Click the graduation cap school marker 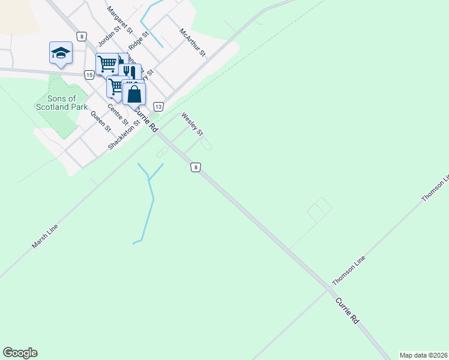[x=61, y=52]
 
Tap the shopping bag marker [x=134, y=94]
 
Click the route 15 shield [x=89, y=74]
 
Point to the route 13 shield [x=158, y=106]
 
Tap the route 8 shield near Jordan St [x=81, y=36]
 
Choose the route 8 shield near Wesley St [x=195, y=167]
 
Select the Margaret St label [x=120, y=19]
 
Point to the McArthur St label [x=193, y=42]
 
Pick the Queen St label [x=101, y=121]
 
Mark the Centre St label [x=118, y=114]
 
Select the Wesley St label [x=193, y=124]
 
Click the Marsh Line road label [x=45, y=237]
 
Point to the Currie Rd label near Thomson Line [x=347, y=311]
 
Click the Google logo [x=20, y=352]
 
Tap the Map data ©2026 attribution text [x=423, y=355]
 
